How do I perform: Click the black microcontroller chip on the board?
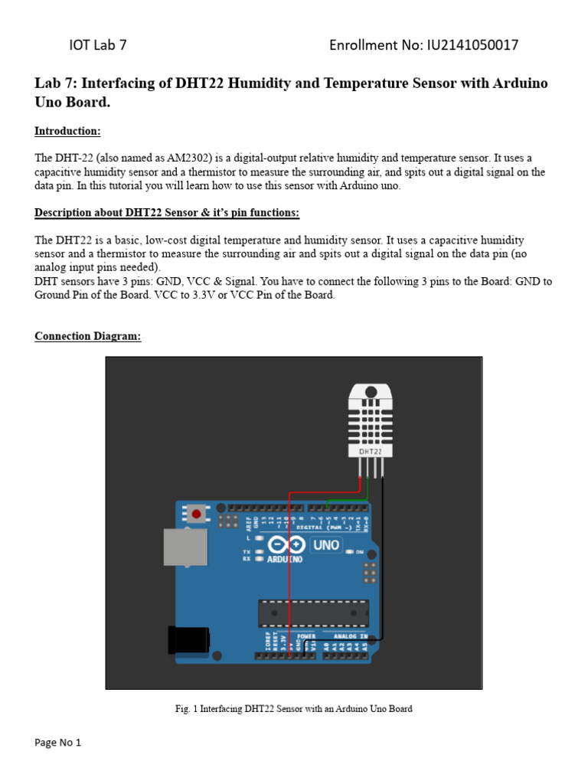pos(313,613)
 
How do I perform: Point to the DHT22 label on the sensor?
pos(371,452)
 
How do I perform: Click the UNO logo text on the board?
pos(326,546)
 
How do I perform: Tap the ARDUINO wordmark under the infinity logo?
pos(285,560)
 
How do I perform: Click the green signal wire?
pos(348,499)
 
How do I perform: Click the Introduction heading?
pos(67,132)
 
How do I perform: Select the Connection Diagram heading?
pos(87,337)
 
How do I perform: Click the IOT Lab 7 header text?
pos(98,45)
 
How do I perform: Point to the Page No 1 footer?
pos(57,743)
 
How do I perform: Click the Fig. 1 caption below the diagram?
pos(294,709)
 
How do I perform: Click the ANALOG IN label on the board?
pos(345,635)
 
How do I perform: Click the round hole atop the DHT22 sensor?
pos(371,391)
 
